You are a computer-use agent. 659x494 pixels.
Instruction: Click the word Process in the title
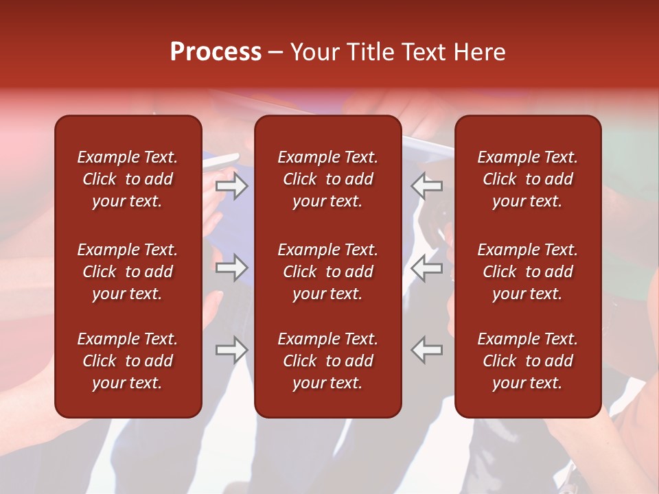click(x=216, y=52)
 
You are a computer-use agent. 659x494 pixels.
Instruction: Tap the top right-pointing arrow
click(x=232, y=186)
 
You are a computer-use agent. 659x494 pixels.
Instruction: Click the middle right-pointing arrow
click(x=232, y=268)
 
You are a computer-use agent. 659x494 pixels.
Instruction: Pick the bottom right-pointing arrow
click(x=232, y=349)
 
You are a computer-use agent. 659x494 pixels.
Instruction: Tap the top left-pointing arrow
click(x=427, y=186)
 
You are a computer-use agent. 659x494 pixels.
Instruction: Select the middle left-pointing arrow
click(x=427, y=268)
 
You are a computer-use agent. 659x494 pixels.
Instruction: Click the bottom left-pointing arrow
click(x=427, y=349)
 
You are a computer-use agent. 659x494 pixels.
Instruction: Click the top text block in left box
click(x=128, y=179)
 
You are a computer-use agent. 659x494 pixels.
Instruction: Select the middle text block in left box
click(x=128, y=272)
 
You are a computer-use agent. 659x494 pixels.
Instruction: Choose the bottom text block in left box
click(x=128, y=361)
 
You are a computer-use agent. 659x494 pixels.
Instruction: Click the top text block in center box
click(x=328, y=179)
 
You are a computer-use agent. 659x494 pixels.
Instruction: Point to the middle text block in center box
click(x=328, y=272)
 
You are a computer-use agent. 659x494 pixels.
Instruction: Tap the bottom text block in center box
click(x=328, y=361)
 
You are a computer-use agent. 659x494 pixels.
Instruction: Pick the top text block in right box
click(x=528, y=179)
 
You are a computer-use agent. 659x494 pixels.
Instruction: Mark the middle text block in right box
click(x=528, y=272)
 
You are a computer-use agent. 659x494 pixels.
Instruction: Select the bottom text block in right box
click(x=528, y=361)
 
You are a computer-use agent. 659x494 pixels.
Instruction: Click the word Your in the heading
click(x=313, y=52)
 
